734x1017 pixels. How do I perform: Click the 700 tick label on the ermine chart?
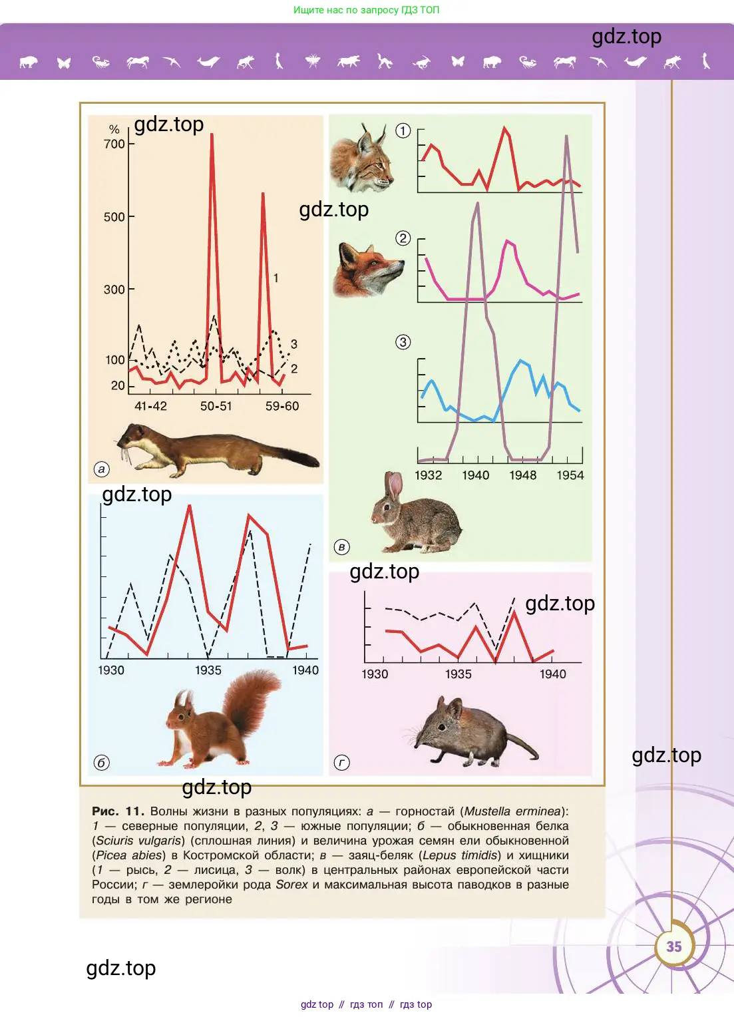(x=114, y=144)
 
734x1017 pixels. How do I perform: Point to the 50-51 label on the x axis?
(x=216, y=406)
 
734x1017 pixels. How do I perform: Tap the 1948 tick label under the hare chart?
(x=522, y=475)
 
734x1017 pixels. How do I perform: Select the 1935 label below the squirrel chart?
(x=208, y=670)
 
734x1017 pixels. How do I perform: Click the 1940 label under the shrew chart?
(x=552, y=674)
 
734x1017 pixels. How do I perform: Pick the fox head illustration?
(x=367, y=270)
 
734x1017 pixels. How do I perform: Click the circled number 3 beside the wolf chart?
(x=403, y=342)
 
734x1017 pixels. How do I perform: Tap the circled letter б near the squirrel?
(x=101, y=763)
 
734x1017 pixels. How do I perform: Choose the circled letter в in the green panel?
(x=341, y=547)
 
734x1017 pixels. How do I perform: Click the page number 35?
(x=673, y=946)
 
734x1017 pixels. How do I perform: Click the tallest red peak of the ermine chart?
(x=212, y=136)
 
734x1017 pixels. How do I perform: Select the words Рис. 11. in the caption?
(x=118, y=811)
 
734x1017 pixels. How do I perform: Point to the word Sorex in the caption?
(x=291, y=885)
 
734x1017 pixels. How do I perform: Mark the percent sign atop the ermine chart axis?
(x=114, y=129)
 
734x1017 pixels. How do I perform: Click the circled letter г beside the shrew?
(x=341, y=763)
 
